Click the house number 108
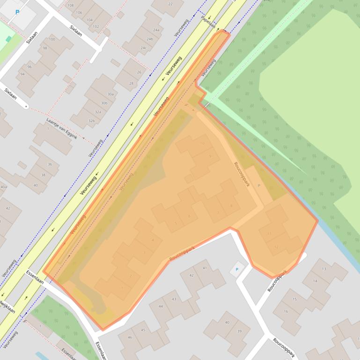[x=71, y=6]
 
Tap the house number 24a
[x=156, y=30]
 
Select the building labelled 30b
[x=104, y=103]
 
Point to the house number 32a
[x=98, y=112]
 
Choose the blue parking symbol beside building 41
[x=236, y=270]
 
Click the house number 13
[x=324, y=269]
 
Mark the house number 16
[x=286, y=311]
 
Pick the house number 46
[x=130, y=337]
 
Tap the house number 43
[x=174, y=299]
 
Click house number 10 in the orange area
[x=202, y=143]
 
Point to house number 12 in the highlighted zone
[x=276, y=247]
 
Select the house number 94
[x=22, y=74]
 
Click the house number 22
[x=169, y=4]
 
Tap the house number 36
[x=50, y=165]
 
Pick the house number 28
[x=132, y=83]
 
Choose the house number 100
[x=51, y=39]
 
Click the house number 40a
[x=3, y=187]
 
